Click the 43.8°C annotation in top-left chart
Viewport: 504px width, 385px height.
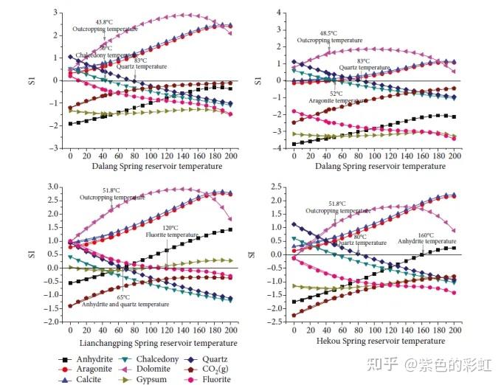click(x=104, y=22)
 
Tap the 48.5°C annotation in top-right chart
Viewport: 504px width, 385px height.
click(x=328, y=33)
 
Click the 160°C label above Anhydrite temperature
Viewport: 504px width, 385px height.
click(x=426, y=235)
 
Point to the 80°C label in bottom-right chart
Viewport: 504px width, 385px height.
click(x=360, y=236)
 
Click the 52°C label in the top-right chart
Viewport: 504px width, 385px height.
click(x=336, y=94)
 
